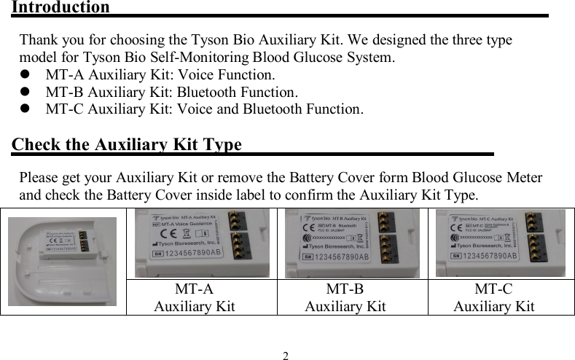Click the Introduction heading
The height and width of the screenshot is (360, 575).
(x=60, y=8)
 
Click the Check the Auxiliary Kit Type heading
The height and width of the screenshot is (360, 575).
(x=128, y=144)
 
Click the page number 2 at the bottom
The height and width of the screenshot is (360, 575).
(x=286, y=356)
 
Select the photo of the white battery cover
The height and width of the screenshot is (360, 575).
(x=63, y=260)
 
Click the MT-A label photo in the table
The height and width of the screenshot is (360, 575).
(x=202, y=243)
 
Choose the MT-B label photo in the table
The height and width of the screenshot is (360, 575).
(x=352, y=243)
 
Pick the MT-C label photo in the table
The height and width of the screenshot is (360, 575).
(x=500, y=243)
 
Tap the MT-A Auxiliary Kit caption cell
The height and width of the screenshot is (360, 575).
(x=195, y=297)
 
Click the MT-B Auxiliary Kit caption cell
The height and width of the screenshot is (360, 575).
(x=345, y=297)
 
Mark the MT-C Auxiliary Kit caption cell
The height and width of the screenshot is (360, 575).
(x=494, y=297)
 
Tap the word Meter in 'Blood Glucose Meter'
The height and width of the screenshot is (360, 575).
(x=523, y=178)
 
